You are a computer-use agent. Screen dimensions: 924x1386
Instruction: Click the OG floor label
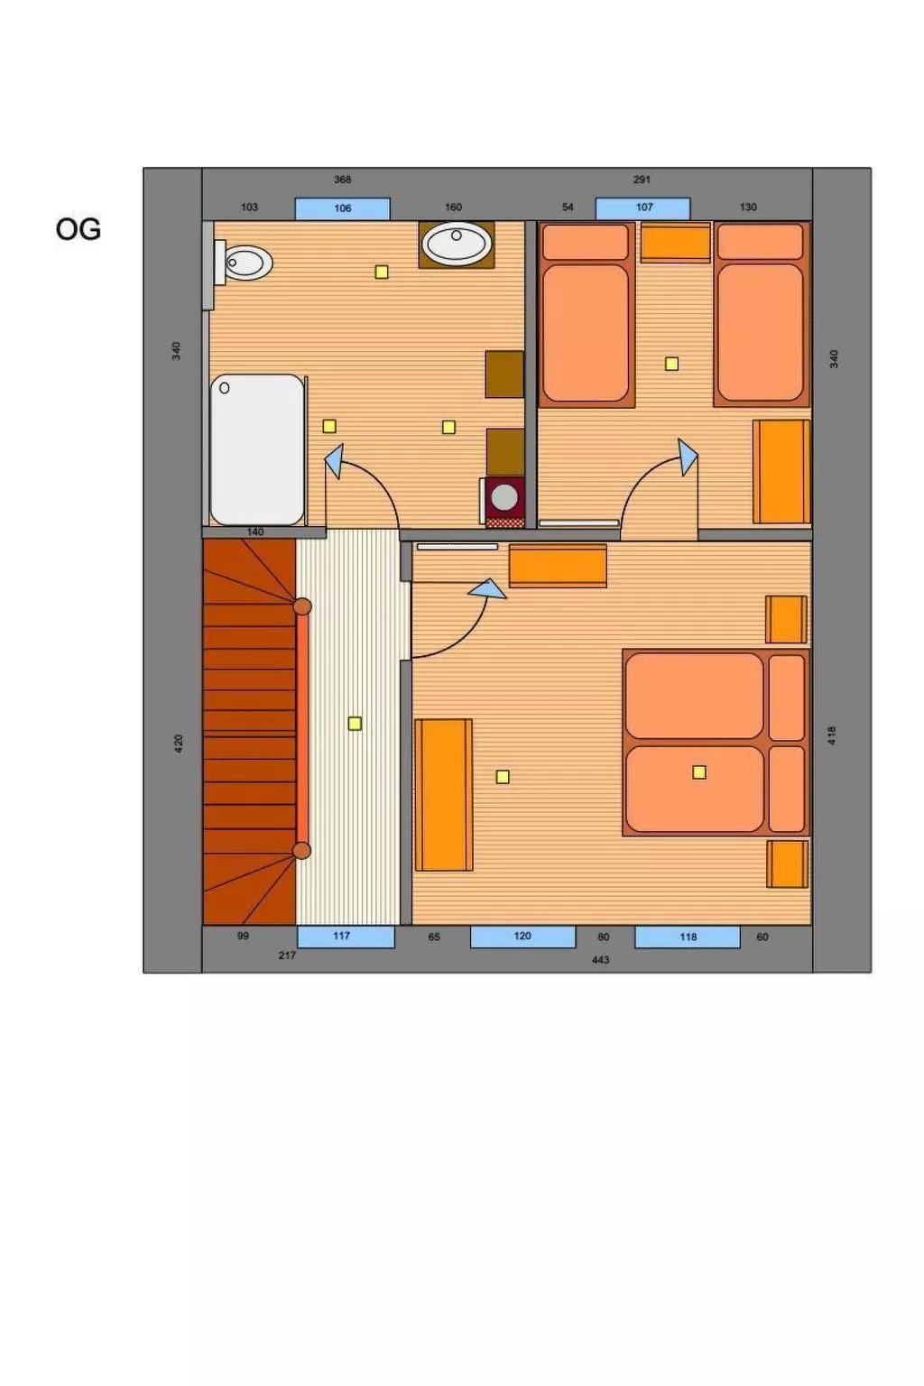tap(78, 229)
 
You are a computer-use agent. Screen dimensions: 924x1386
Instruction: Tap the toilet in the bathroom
tap(244, 263)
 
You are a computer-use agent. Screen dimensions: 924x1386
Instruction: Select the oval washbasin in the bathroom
tap(456, 243)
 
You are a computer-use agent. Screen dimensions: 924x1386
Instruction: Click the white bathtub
tap(257, 450)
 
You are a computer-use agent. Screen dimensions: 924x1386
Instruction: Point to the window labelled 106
tap(342, 208)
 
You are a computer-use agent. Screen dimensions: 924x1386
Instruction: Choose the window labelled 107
tap(643, 208)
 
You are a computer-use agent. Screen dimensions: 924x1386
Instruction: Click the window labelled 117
tap(346, 937)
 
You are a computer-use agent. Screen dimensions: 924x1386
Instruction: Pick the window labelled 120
tap(522, 937)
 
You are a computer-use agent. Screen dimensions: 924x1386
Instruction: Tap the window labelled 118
tap(687, 937)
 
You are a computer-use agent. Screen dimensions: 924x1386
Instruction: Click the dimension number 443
tap(600, 960)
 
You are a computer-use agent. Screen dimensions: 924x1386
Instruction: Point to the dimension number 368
tap(342, 180)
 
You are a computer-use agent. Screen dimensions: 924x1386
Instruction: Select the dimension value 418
tap(832, 735)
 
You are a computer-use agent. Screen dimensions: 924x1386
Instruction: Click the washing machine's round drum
tap(504, 498)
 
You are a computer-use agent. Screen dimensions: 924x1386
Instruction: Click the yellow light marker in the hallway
tap(355, 724)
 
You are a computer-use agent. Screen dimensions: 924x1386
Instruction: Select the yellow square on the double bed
tap(699, 772)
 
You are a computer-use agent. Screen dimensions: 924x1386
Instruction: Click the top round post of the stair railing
tap(302, 606)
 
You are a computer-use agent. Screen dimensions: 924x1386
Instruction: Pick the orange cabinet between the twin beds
tap(675, 243)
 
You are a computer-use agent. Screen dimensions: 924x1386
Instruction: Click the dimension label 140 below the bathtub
tap(255, 532)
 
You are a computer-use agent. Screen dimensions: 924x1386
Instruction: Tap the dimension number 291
tap(642, 180)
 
